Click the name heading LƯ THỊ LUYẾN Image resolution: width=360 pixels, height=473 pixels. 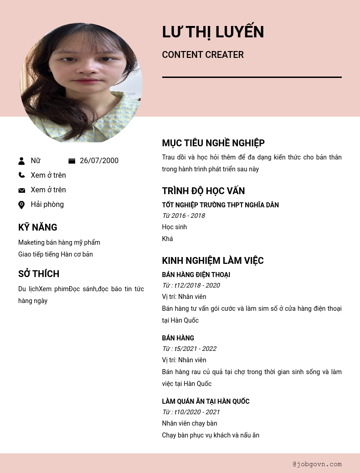pos(213,32)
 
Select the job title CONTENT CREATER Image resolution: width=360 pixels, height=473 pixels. pos(203,55)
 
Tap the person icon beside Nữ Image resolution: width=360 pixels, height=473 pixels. pos(21,161)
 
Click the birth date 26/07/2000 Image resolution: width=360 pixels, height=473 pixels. pos(99,161)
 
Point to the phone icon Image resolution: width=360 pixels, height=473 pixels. pos(21,175)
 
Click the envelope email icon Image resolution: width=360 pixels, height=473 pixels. pos(21,190)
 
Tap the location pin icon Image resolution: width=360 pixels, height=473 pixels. pos(21,205)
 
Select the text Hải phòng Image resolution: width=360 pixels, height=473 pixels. pos(47,205)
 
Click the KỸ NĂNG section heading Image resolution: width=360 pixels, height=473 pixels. pos(38,227)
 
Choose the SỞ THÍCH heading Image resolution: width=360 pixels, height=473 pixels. pos(39,274)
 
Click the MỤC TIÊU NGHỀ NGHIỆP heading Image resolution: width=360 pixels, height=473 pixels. pos(213,143)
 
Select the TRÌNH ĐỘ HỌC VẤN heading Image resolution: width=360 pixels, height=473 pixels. pos(203,191)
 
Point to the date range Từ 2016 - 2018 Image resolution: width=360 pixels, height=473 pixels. pos(183,216)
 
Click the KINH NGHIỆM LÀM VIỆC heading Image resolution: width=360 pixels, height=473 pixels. pos(213,261)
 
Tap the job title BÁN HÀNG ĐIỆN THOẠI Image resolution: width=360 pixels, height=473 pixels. pos(196,275)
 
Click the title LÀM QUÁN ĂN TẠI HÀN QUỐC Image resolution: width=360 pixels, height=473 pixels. pos(206,401)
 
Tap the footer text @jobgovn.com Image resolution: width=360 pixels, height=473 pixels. pos(317,464)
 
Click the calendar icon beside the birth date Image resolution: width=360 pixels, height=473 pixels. pos(72,161)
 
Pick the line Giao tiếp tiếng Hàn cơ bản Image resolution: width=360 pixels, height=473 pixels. pos(56,254)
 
